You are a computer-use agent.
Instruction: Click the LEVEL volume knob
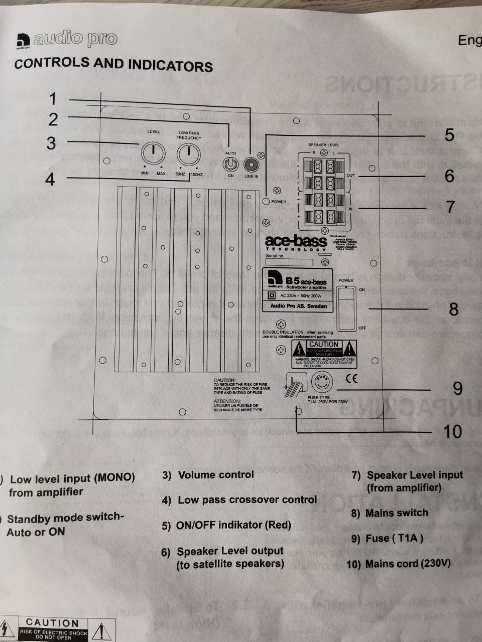click(x=153, y=153)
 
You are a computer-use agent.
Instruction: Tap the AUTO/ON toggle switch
click(x=230, y=165)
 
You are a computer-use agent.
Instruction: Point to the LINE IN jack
click(x=251, y=165)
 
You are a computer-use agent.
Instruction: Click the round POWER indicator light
click(x=266, y=202)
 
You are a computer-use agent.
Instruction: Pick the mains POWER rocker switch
click(x=346, y=308)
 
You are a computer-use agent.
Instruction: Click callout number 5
click(x=449, y=134)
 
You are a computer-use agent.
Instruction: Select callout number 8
click(x=453, y=309)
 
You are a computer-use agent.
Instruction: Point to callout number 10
click(x=452, y=431)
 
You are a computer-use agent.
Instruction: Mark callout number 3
click(x=51, y=143)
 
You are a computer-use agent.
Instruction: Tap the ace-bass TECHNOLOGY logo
click(x=296, y=244)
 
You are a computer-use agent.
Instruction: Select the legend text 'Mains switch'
click(x=397, y=513)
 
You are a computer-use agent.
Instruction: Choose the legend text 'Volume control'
click(x=216, y=474)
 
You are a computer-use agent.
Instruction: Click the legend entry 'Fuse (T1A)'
click(x=394, y=539)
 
